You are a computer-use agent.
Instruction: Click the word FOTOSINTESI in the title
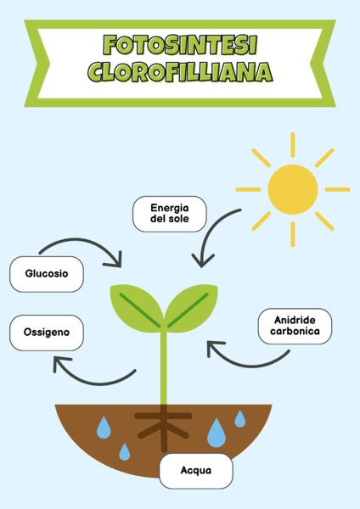click(180, 45)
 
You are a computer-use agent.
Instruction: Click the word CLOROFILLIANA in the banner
click(180, 72)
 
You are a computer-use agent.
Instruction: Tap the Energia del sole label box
click(170, 214)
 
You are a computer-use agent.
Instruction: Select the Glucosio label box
click(47, 274)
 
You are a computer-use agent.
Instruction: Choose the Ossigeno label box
click(47, 333)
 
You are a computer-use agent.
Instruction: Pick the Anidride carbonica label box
click(295, 326)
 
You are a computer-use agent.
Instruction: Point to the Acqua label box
click(196, 471)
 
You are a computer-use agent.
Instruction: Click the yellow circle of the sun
click(293, 189)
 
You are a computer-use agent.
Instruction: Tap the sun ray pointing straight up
click(293, 145)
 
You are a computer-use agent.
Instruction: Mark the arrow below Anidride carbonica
click(250, 366)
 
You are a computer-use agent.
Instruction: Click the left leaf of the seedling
click(137, 308)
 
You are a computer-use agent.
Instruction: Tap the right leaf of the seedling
click(192, 308)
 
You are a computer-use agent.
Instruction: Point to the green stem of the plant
click(164, 366)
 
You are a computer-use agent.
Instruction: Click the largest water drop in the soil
click(217, 433)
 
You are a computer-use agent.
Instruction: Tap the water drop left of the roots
click(104, 428)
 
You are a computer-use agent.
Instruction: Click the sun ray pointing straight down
click(293, 234)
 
